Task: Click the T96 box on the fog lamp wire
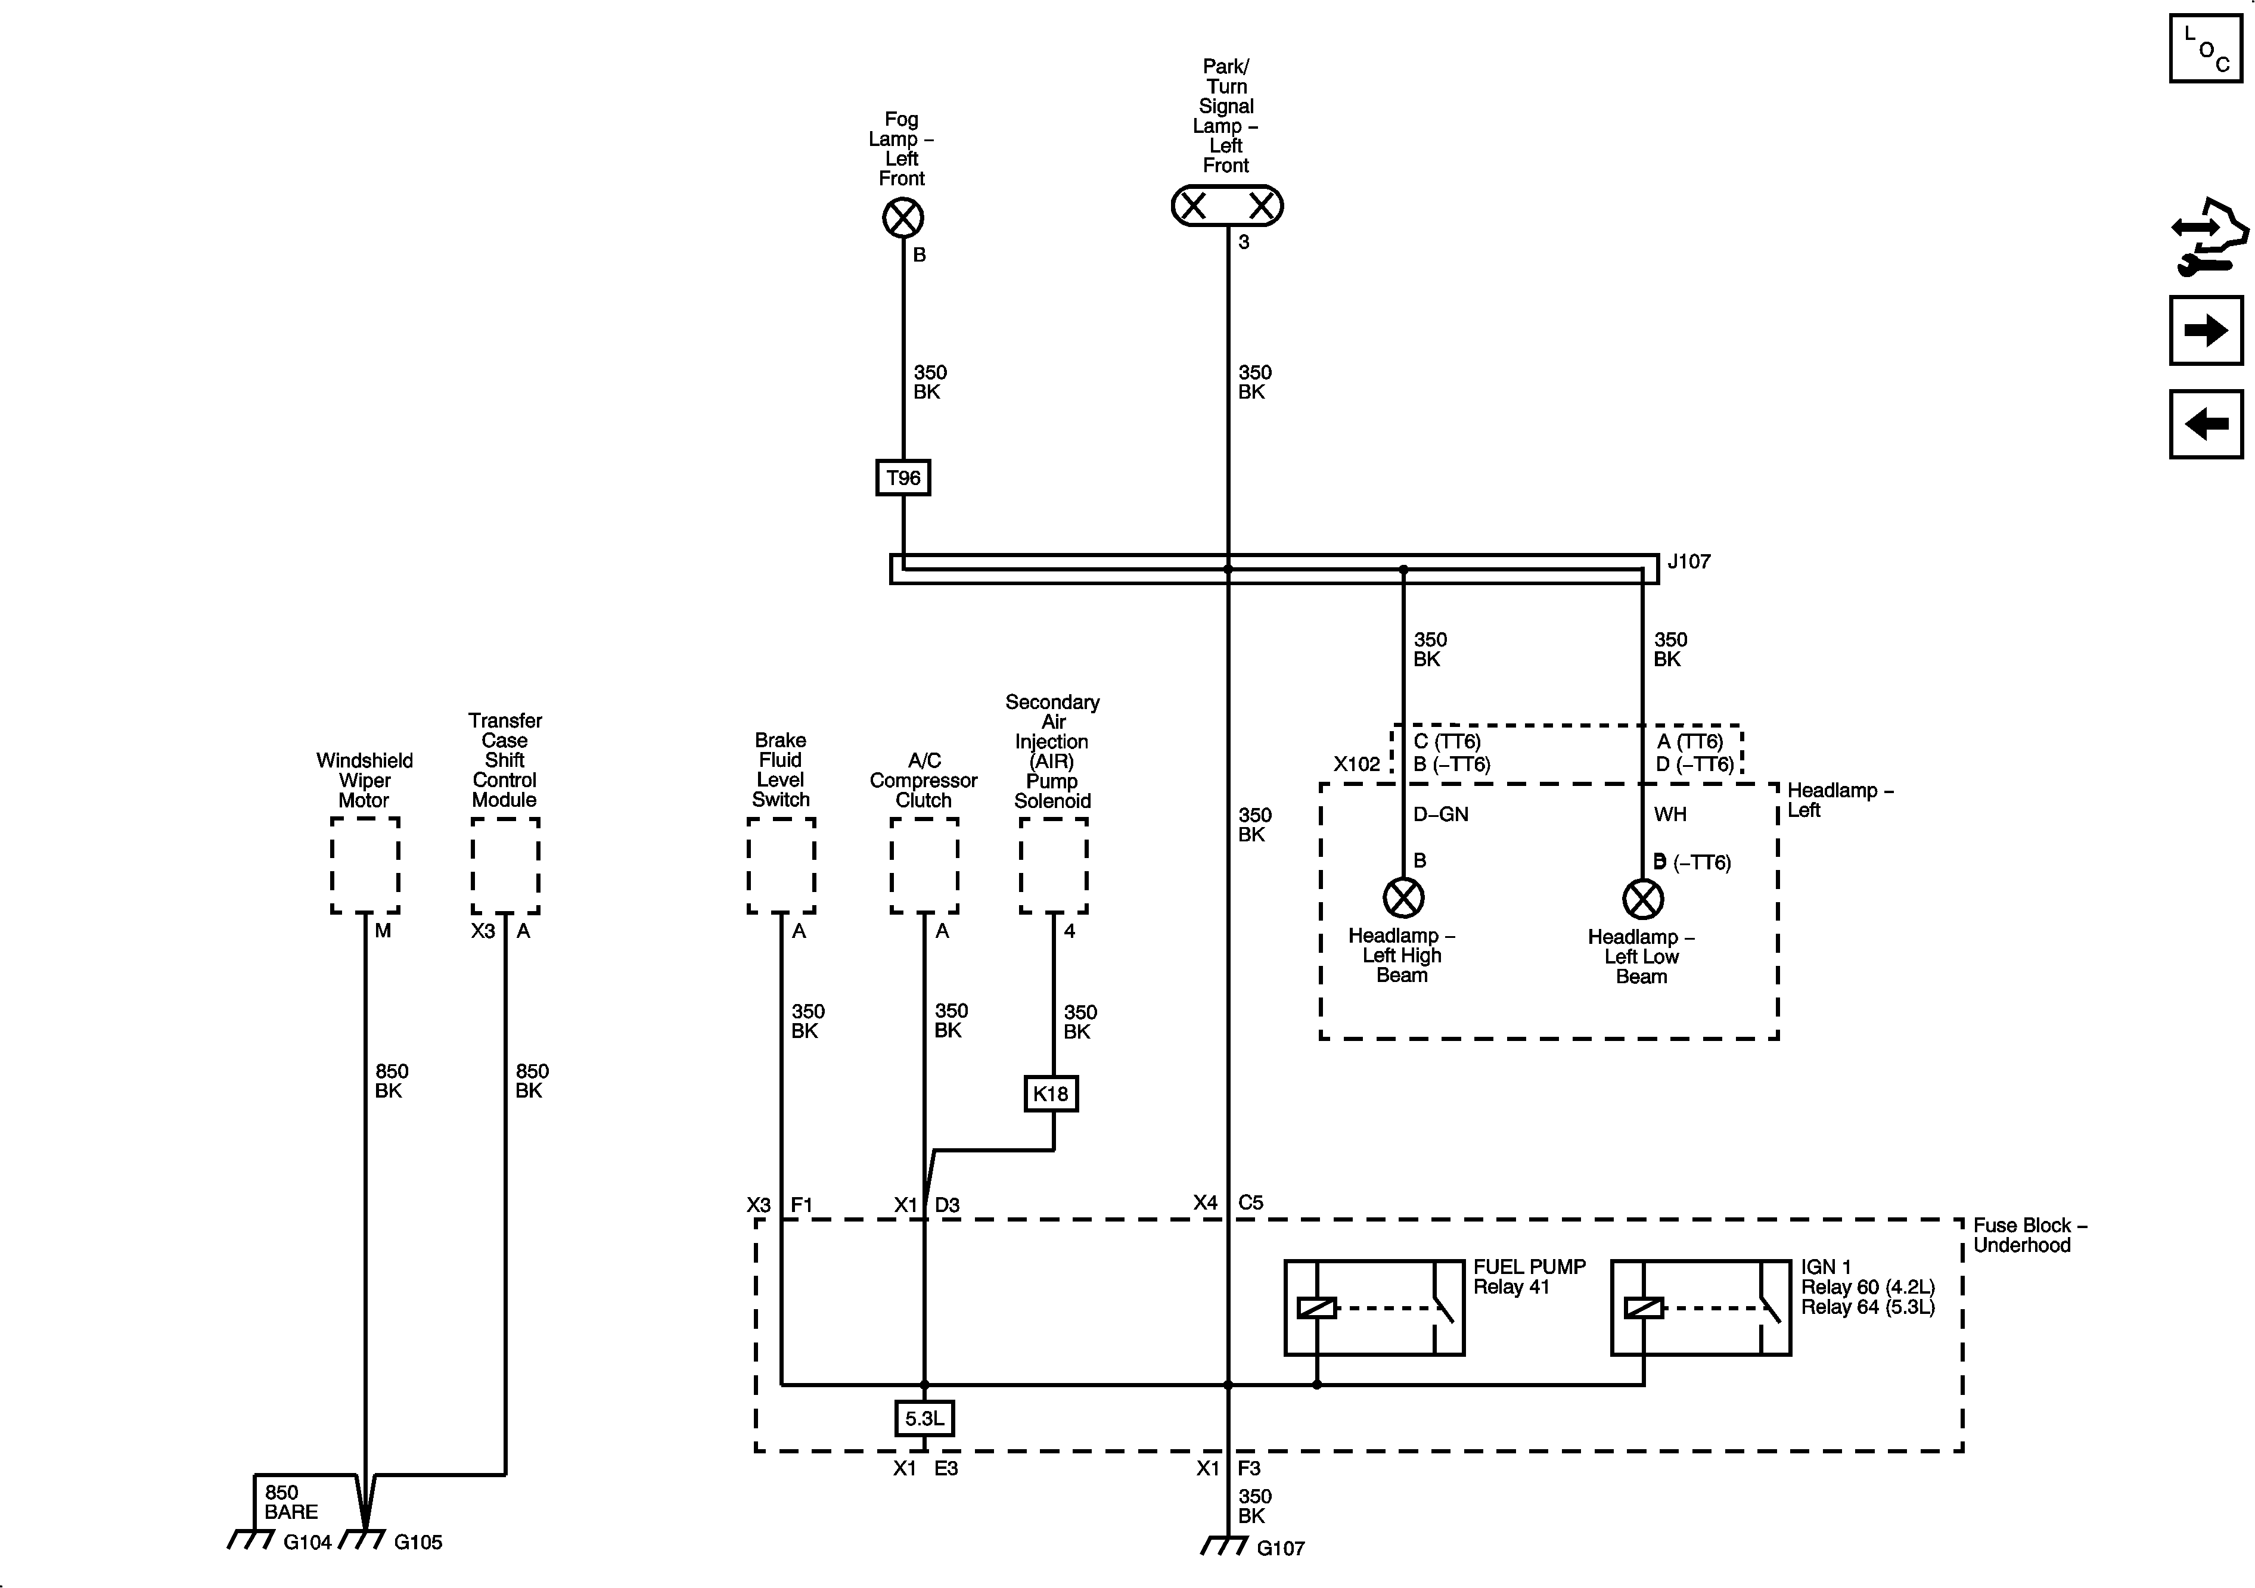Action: click(903, 478)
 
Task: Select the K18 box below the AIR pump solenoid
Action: click(1051, 1094)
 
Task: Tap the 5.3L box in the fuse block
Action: click(924, 1418)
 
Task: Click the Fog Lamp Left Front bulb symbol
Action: click(903, 218)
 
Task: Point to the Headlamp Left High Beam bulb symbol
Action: click(1403, 897)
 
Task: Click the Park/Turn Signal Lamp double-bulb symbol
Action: click(1226, 206)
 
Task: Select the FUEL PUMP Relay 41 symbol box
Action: click(1374, 1308)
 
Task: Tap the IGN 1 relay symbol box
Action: click(1700, 1308)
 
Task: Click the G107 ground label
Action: click(1281, 1549)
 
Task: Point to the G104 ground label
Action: click(307, 1543)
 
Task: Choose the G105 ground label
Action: click(418, 1543)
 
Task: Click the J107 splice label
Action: click(1689, 562)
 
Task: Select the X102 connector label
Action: click(1356, 764)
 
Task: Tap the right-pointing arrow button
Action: click(2206, 331)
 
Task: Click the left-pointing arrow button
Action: click(2206, 424)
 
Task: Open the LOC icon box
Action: click(2206, 48)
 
